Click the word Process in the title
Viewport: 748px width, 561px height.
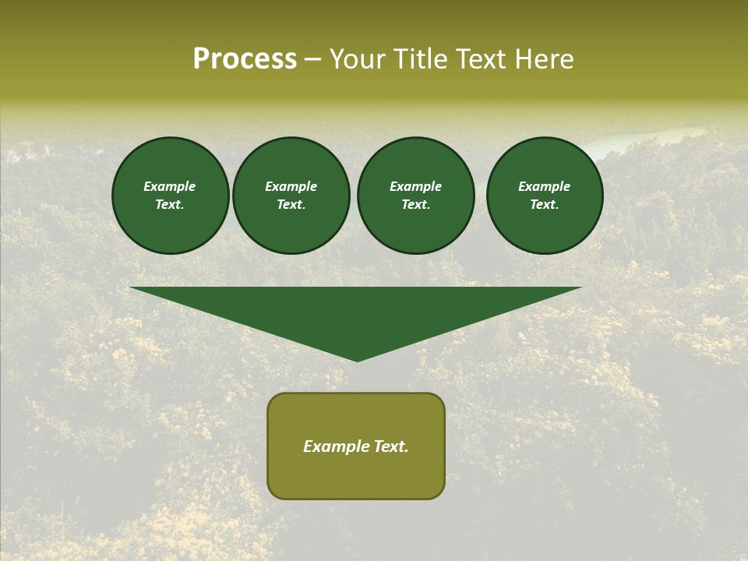pyautogui.click(x=245, y=59)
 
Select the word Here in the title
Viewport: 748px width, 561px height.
pyautogui.click(x=544, y=59)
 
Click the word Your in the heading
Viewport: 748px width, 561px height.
pyautogui.click(x=358, y=59)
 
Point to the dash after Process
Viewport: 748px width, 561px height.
pyautogui.click(x=313, y=60)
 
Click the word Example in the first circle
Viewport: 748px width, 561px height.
pyautogui.click(x=170, y=186)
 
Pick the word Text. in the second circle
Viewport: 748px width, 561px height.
pyautogui.click(x=291, y=204)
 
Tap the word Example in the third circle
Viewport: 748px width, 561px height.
pyautogui.click(x=416, y=186)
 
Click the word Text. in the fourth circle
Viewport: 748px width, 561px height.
pyautogui.click(x=545, y=204)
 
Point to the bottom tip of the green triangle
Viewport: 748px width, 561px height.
pyautogui.click(x=357, y=359)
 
